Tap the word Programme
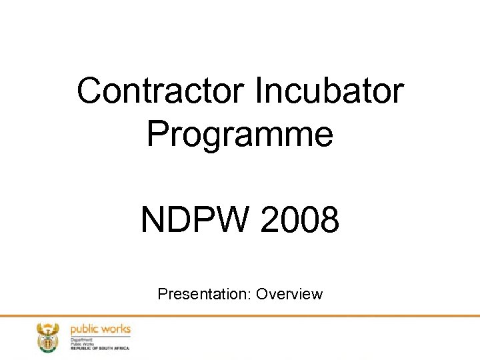pos(240,133)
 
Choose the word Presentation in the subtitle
pos(205,294)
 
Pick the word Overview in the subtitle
pos(289,294)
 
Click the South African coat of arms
pos(47,337)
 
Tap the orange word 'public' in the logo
pos(85,329)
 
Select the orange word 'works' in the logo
pos(116,329)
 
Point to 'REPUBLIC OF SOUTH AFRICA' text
pos(100,348)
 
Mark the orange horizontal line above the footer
pos(240,316)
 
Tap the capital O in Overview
pos(262,294)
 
